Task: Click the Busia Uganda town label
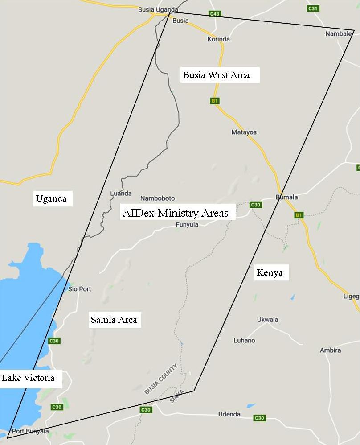point(158,9)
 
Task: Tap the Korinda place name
point(219,39)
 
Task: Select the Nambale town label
point(339,33)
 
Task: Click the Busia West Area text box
point(217,75)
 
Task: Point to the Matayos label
point(244,132)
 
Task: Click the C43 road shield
point(215,14)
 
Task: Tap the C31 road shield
point(313,8)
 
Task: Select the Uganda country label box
point(52,198)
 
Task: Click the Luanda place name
point(121,193)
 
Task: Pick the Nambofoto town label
point(158,198)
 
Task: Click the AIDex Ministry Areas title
point(176,213)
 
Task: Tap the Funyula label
point(187,224)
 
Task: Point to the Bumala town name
point(287,197)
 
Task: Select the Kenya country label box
point(270,272)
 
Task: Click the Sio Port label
point(80,289)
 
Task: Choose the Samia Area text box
point(114,320)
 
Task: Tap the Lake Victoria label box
point(29,378)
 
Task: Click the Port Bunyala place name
point(30,431)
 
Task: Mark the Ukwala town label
point(268,319)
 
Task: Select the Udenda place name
point(229,414)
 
